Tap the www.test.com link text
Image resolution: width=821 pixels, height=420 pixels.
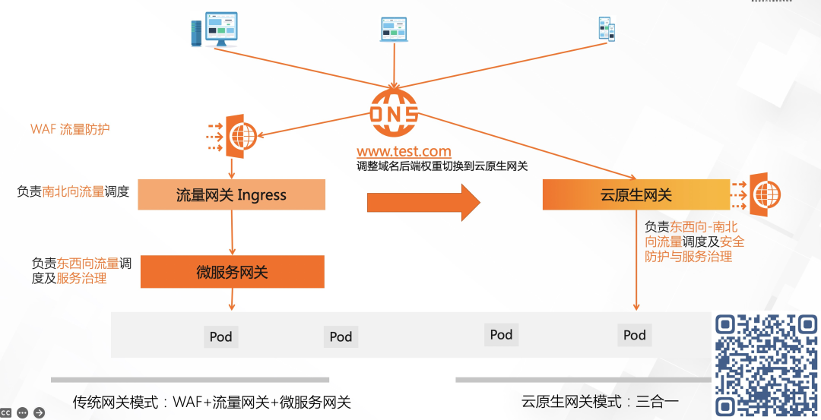(404, 152)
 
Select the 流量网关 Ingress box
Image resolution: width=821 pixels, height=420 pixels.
(231, 195)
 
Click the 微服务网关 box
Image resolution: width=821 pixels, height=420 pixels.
(232, 272)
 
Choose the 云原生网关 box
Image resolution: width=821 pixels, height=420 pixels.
(636, 195)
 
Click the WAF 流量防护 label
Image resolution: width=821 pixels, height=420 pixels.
(70, 129)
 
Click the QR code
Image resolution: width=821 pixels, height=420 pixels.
(766, 365)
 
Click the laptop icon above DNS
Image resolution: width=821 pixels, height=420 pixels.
(394, 29)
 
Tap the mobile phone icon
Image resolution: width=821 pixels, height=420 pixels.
(606, 29)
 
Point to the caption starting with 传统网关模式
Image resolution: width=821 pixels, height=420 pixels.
(211, 402)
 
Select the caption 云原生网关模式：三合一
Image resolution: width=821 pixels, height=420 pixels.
(600, 402)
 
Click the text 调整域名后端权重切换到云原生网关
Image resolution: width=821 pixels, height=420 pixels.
(442, 166)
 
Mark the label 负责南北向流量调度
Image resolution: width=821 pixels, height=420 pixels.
(73, 191)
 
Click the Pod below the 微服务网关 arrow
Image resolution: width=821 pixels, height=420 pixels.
(220, 336)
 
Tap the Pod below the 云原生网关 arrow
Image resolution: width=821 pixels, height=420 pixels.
(635, 335)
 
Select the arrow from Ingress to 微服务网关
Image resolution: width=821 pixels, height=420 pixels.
(232, 232)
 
